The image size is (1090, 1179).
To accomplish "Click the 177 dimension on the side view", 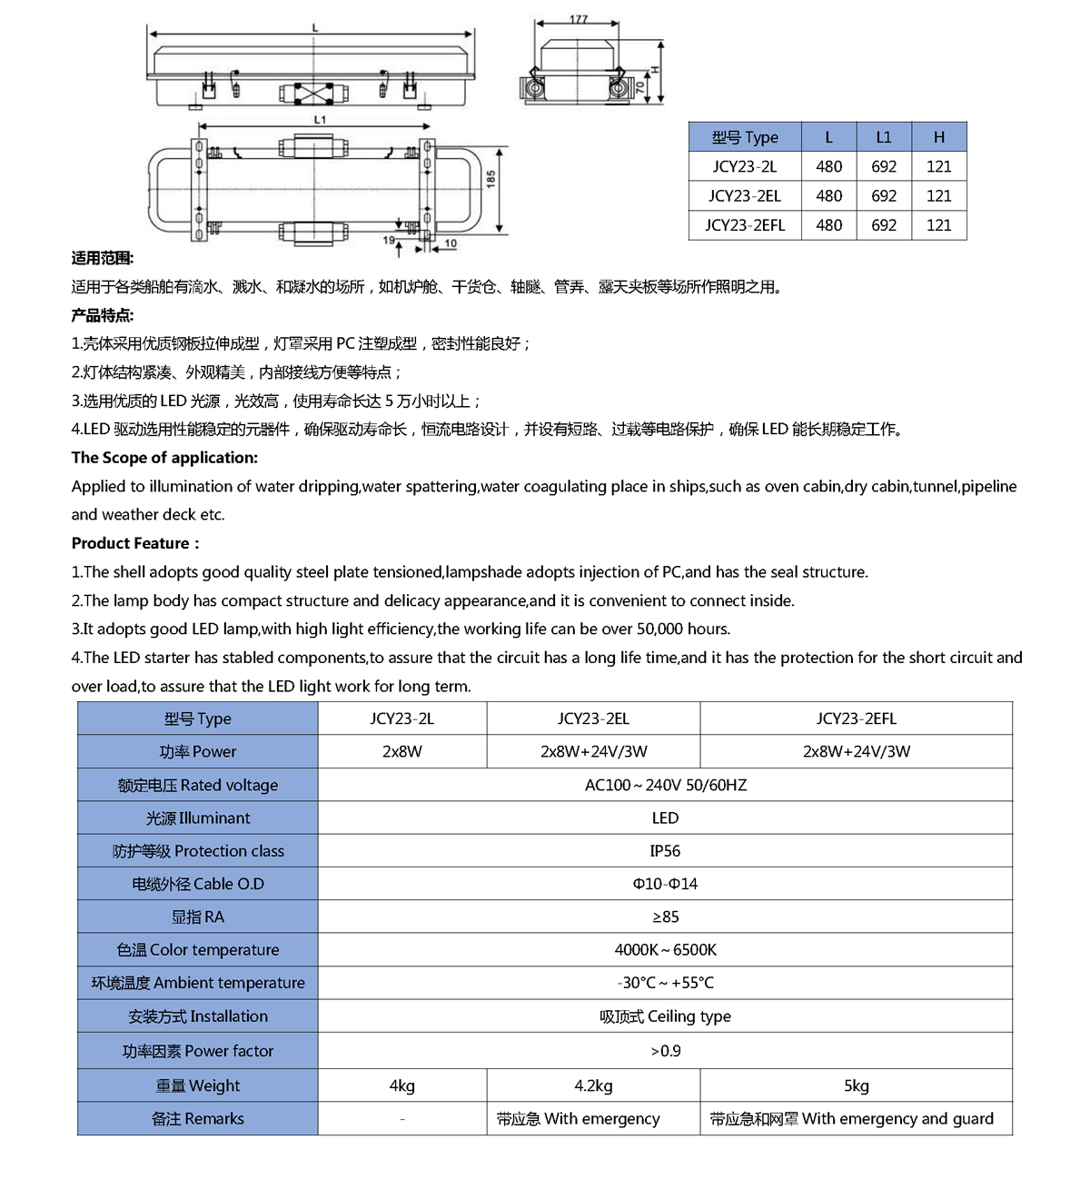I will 579,19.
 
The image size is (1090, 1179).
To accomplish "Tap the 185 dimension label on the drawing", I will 491,179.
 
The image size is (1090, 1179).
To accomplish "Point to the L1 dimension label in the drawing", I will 320,119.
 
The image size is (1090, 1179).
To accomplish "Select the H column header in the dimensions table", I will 938,137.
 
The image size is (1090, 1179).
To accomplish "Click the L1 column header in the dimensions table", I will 883,137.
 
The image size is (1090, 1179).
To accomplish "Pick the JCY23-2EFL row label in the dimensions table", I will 745,225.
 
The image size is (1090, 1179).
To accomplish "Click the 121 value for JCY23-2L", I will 938,166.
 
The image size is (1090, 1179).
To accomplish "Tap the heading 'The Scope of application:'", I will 164,458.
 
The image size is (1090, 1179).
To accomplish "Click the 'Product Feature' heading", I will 134,543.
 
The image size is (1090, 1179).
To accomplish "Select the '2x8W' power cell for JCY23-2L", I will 401,751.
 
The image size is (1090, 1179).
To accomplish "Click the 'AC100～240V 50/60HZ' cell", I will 665,785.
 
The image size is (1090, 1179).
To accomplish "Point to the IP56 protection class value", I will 665,851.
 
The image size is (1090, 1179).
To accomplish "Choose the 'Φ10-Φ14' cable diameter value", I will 665,884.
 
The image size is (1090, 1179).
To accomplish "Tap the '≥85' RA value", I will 665,916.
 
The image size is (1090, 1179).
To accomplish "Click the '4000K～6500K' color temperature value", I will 665,949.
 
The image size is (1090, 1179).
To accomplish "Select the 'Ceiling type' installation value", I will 665,1016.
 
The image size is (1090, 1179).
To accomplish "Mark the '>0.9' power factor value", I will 665,1051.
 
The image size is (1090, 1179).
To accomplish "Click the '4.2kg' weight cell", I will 593,1085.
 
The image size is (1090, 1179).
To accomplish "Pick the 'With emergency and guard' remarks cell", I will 851,1119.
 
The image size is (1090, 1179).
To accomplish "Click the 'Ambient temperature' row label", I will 198,983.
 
